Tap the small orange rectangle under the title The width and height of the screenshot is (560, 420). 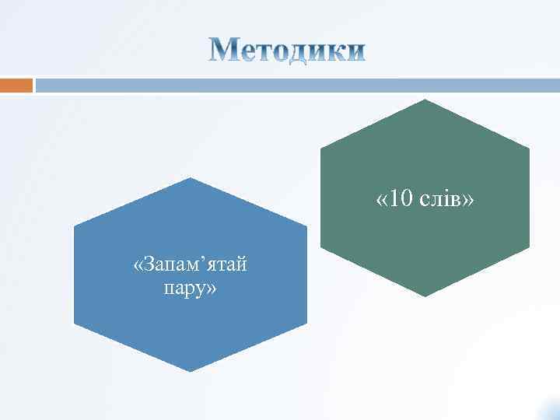tap(16, 84)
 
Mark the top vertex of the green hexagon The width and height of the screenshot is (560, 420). tap(425, 100)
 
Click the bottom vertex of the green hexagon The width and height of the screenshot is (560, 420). tap(425, 296)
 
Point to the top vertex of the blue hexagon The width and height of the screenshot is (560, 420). tap(191, 178)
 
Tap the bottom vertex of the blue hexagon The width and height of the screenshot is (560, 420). tap(191, 372)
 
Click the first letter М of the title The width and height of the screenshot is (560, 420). tap(226, 51)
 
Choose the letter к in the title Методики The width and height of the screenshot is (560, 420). tap(336, 52)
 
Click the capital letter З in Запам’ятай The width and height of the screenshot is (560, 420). tap(149, 266)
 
